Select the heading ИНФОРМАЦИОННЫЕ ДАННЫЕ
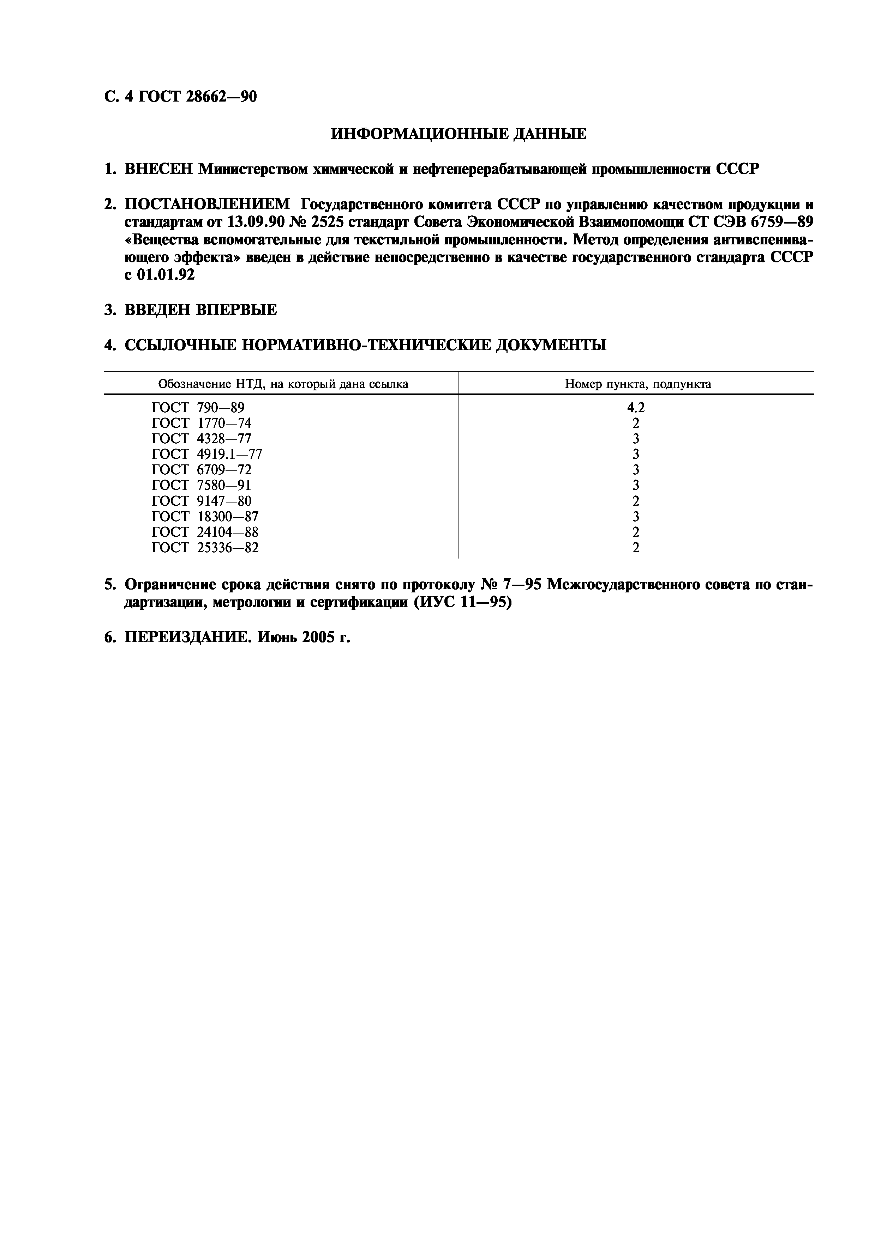458,134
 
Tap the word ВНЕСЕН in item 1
159,169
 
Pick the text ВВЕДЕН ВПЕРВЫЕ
200,310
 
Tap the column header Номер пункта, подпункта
637,384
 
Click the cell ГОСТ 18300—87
205,517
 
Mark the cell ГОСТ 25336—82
205,548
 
